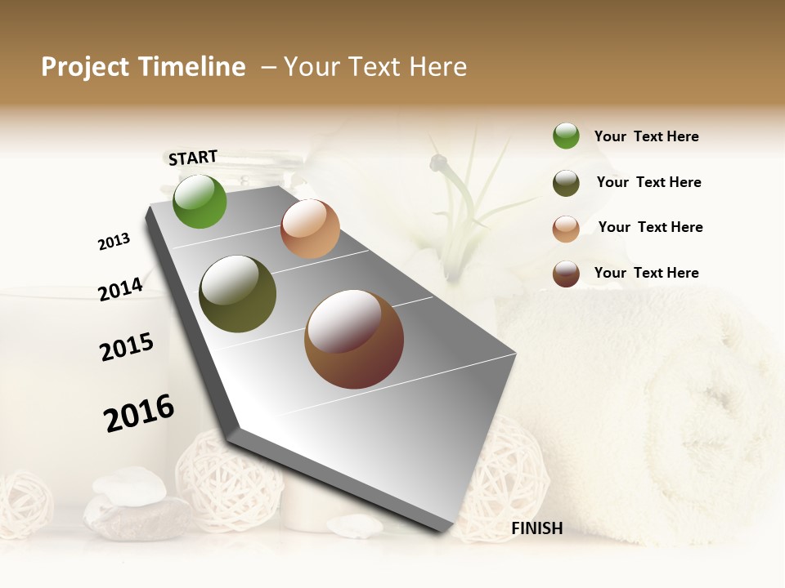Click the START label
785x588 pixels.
coord(193,158)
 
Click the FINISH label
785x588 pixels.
coord(536,528)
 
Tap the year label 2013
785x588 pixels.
coord(114,242)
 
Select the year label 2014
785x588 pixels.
coord(120,290)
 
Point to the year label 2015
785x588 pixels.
coord(127,347)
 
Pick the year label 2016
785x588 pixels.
coord(139,413)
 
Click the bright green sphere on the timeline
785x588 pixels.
coord(200,201)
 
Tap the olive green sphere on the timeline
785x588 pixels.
coord(237,294)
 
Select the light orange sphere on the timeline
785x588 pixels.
coord(310,229)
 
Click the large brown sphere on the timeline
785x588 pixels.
coord(353,339)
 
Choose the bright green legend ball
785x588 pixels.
coord(566,136)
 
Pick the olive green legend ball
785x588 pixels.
coord(566,183)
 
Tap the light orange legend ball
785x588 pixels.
coord(566,228)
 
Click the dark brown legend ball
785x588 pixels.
coord(566,274)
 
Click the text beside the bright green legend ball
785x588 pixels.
coord(646,136)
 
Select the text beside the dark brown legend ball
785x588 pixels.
coord(646,273)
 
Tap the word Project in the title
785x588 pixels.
coord(84,67)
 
